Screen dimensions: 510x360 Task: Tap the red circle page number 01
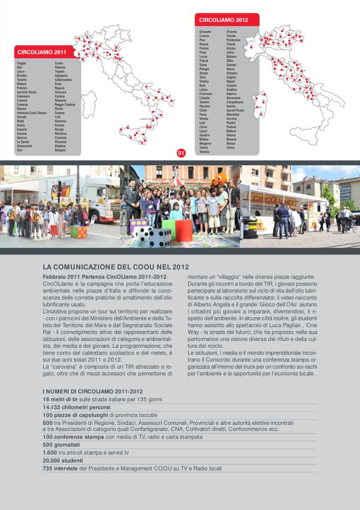click(181, 152)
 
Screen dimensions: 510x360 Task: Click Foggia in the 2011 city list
click(22, 63)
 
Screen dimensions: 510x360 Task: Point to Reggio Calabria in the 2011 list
click(65, 105)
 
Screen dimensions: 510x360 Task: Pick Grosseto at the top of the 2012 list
click(205, 32)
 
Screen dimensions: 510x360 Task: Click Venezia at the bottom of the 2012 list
click(204, 152)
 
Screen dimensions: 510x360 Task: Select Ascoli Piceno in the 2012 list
click(236, 110)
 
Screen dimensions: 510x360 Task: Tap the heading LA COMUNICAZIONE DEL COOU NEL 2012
click(116, 267)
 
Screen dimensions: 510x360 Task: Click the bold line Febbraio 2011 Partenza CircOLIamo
click(105, 276)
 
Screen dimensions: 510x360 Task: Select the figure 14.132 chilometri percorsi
click(76, 407)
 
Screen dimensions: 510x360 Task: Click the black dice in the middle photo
click(160, 237)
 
